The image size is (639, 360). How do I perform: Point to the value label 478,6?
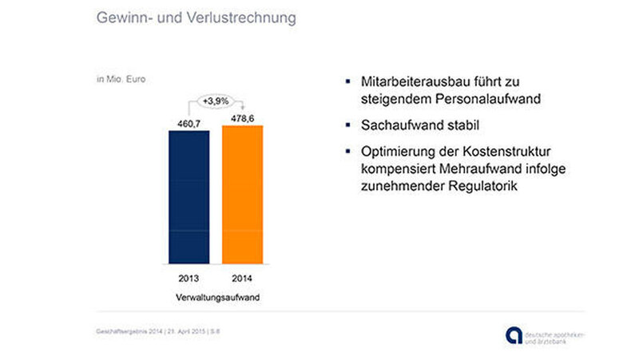[x=241, y=118]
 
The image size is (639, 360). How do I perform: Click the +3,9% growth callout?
[x=216, y=101]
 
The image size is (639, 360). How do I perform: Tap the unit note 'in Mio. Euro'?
[x=119, y=79]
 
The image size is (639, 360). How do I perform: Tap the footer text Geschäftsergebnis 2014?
[x=124, y=331]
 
